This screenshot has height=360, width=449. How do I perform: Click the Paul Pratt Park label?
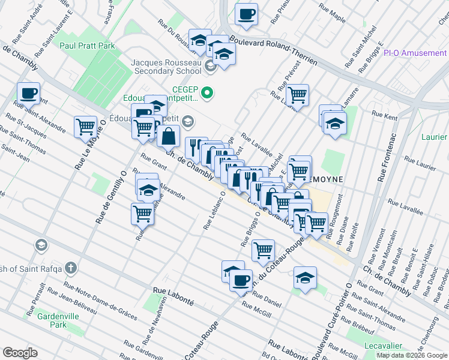[x=87, y=45]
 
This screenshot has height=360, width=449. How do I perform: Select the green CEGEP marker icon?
[x=207, y=92]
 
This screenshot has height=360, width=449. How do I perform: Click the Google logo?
[x=20, y=353]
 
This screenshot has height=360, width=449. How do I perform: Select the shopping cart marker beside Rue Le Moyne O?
[x=86, y=126]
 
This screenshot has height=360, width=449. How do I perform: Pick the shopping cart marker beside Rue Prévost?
[x=297, y=94]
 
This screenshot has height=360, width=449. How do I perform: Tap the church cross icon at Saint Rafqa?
[x=71, y=267]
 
